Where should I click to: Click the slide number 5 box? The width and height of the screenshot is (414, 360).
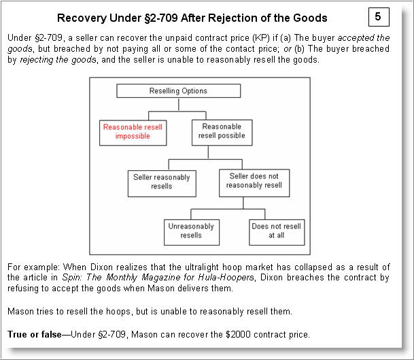(x=377, y=15)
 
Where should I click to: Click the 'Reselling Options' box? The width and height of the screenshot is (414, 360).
(x=178, y=91)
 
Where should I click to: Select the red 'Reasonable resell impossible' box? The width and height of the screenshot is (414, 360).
(x=133, y=131)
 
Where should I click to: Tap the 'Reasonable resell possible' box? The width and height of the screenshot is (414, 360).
(x=222, y=131)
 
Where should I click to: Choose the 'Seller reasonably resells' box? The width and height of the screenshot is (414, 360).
(x=162, y=182)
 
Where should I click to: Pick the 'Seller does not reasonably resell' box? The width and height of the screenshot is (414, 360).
(x=254, y=181)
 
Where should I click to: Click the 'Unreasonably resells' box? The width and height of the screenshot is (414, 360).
(x=191, y=231)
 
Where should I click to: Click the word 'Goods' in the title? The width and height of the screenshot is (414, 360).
(x=310, y=18)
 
